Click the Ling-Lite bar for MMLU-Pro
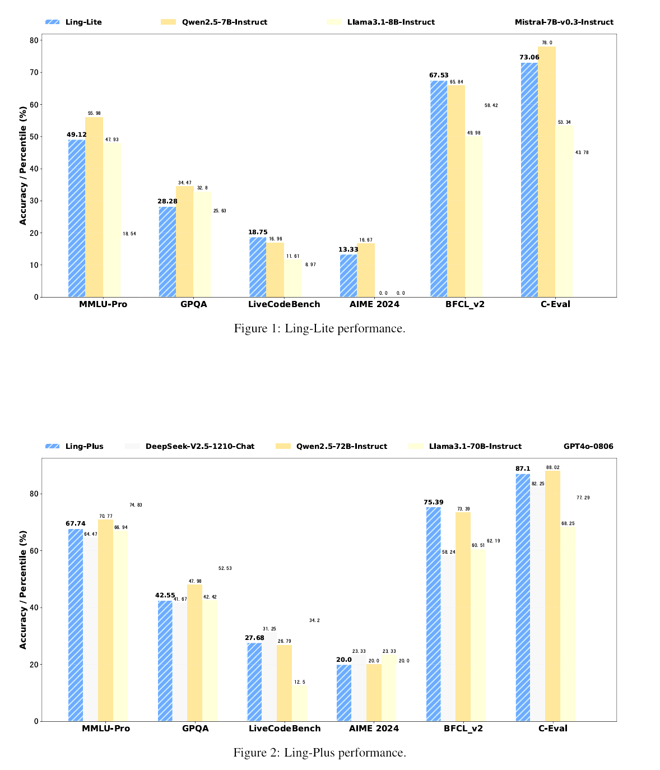[x=77, y=218]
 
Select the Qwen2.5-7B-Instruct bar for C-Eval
[x=547, y=171]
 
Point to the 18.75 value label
[x=258, y=232]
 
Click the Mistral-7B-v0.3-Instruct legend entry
[x=564, y=22]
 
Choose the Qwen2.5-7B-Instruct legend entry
[x=224, y=22]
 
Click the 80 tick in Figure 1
[x=35, y=40]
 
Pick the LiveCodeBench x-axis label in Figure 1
[x=284, y=304]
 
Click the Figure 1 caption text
[x=319, y=328]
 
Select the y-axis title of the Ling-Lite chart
[x=23, y=165]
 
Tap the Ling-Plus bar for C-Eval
[x=523, y=597]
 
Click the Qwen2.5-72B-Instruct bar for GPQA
[x=194, y=653]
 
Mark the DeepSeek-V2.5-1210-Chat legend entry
[x=199, y=447]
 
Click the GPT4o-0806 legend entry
[x=588, y=447]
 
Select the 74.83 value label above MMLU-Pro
[x=136, y=505]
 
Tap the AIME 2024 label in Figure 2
[x=374, y=729]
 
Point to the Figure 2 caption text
[x=319, y=753]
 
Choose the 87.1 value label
[x=523, y=469]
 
